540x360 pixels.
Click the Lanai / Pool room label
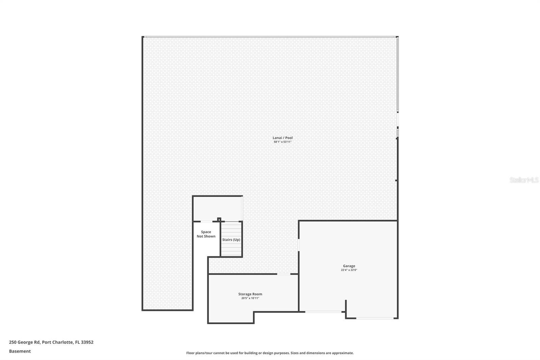[282, 138]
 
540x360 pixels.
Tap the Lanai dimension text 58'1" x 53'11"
[282, 142]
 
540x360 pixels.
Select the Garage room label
[349, 266]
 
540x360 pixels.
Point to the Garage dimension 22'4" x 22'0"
[349, 270]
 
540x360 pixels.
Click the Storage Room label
[250, 294]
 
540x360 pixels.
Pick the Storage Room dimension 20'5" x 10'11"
[250, 298]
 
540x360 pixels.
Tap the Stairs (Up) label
[231, 240]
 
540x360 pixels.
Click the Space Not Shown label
[206, 234]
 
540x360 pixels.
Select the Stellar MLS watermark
[524, 180]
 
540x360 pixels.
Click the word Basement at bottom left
[20, 351]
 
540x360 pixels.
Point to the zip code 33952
[87, 342]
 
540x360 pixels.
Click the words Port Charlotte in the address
[57, 342]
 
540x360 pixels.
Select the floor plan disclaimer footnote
[270, 353]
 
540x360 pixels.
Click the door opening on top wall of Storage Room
[283, 274]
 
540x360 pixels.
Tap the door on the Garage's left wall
[299, 245]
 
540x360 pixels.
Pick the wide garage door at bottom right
[375, 318]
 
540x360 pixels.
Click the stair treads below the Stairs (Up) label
[232, 250]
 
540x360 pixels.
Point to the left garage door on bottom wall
[323, 312]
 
